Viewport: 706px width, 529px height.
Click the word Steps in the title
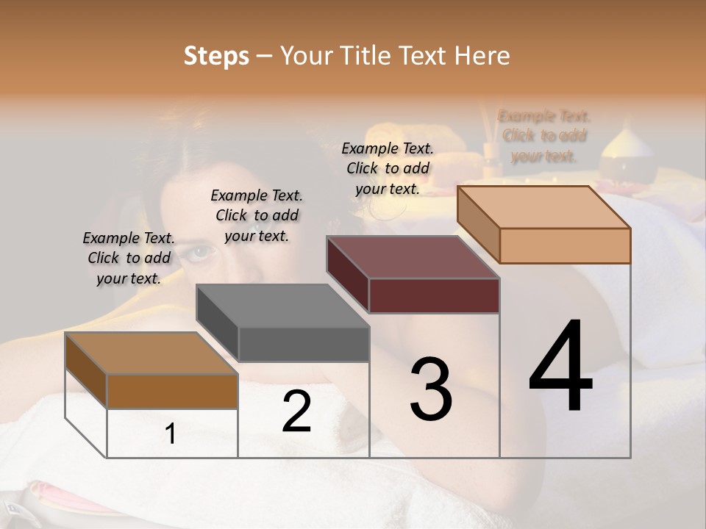tap(216, 56)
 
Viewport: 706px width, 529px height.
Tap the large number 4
tap(561, 368)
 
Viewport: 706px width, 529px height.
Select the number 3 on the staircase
tap(431, 389)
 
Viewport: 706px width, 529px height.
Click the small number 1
tap(171, 434)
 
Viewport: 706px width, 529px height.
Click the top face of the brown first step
tap(151, 353)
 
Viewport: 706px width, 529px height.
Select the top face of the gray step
tap(282, 306)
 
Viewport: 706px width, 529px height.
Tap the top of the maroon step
tap(413, 257)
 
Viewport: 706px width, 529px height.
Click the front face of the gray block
tap(304, 345)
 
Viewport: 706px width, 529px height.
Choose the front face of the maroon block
tap(434, 295)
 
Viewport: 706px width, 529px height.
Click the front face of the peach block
tap(565, 245)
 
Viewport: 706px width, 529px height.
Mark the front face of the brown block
tap(172, 391)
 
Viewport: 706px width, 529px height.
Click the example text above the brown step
tap(129, 259)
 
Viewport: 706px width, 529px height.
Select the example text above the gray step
tap(257, 215)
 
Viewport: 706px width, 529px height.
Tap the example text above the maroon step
tap(388, 168)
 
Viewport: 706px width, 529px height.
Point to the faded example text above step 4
tap(544, 136)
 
